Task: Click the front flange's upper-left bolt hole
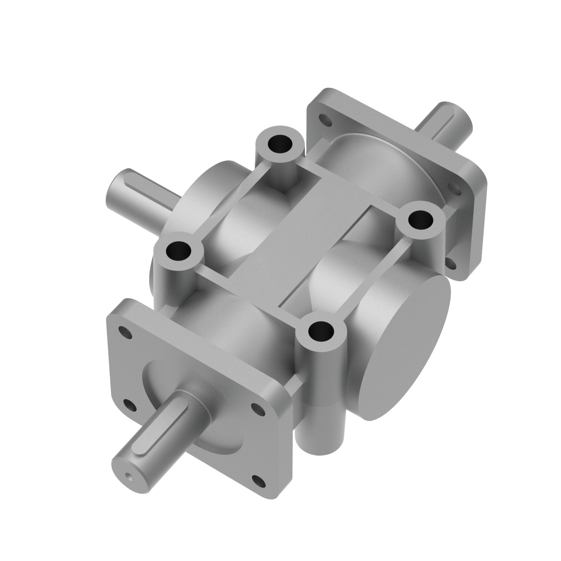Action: pos(123,331)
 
